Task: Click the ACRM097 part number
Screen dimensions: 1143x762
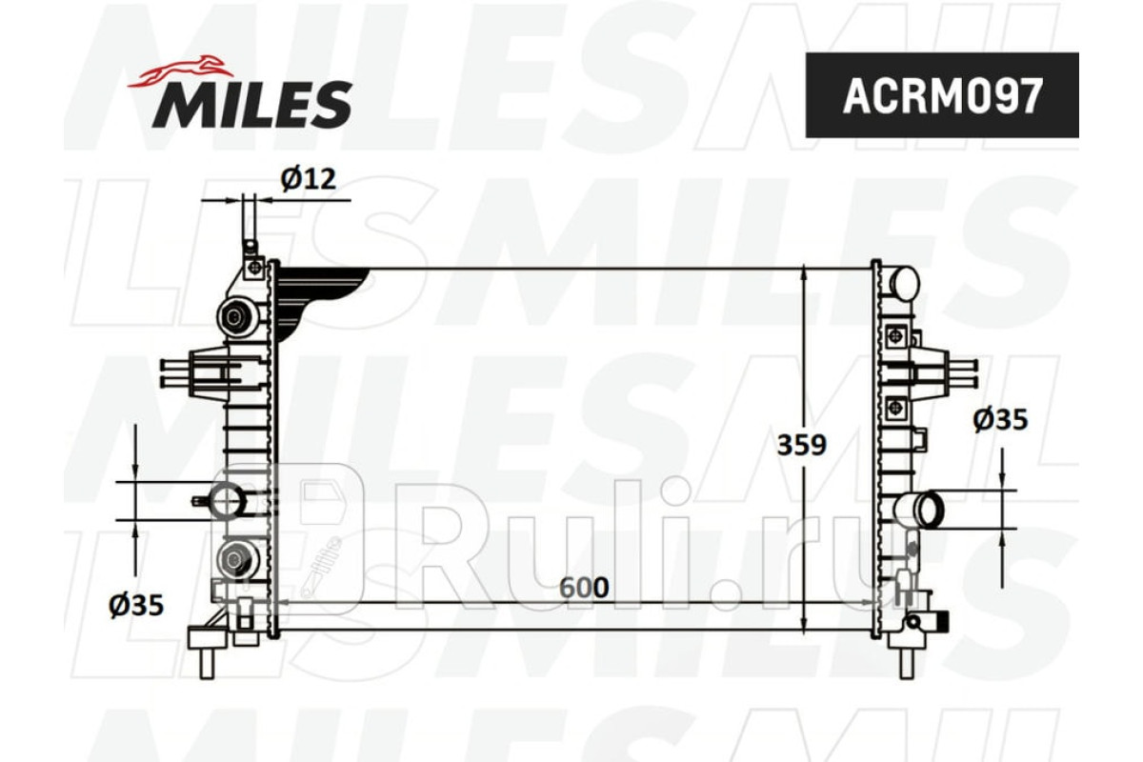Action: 942,95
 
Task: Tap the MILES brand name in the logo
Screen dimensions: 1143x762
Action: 252,104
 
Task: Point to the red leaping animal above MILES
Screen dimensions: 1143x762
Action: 177,70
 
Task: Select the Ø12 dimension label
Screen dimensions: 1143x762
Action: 309,179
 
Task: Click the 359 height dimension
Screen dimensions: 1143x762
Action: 802,445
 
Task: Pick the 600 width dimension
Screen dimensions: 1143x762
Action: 584,588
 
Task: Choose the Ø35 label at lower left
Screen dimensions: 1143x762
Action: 135,605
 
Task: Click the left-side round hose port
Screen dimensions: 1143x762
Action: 228,501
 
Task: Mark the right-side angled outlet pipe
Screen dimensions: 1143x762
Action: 919,509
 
